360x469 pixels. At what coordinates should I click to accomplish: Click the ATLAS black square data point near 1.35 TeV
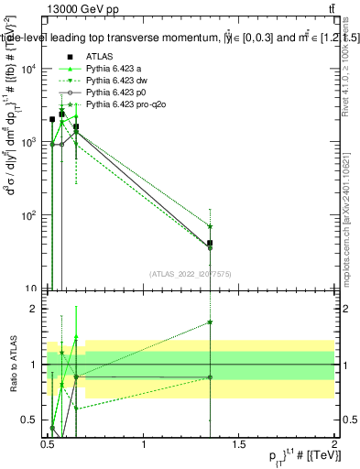tap(211, 244)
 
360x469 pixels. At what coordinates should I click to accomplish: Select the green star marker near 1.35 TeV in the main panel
tap(211, 226)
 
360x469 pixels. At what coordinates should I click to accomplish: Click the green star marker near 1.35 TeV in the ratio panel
tap(211, 322)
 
